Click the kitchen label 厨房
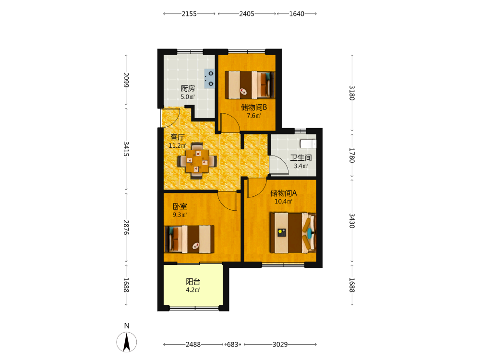point(188,88)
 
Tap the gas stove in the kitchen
point(210,79)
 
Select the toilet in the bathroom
point(308,144)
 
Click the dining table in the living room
point(197,161)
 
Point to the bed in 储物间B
point(250,85)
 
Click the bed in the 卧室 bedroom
point(189,239)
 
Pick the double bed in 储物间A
point(293,233)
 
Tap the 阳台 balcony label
point(193,281)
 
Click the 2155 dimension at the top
point(189,14)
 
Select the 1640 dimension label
point(297,14)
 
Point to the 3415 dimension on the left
point(126,149)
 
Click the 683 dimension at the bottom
point(233,344)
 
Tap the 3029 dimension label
point(280,344)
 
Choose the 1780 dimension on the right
point(352,156)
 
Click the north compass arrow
point(127,342)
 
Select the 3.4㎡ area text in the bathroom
point(301,166)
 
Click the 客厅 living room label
point(178,137)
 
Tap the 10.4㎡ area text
point(284,202)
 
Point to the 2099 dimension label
point(126,80)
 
